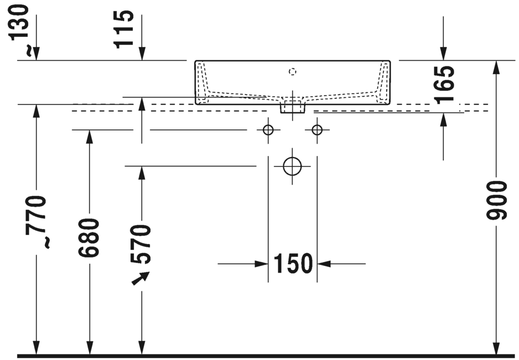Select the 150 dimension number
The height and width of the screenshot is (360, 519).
pyautogui.click(x=293, y=264)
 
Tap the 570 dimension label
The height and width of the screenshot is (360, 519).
pyautogui.click(x=142, y=244)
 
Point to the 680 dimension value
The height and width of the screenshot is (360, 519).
pyautogui.click(x=89, y=238)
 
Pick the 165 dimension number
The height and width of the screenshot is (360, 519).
pyautogui.click(x=444, y=84)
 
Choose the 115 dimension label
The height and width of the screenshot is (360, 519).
pyautogui.click(x=125, y=29)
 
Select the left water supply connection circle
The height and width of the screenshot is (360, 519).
pyautogui.click(x=268, y=131)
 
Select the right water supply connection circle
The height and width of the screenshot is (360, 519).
pyautogui.click(x=317, y=131)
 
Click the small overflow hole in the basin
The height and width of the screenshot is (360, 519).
pyautogui.click(x=293, y=71)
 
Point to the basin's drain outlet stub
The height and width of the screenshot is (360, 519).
pyautogui.click(x=292, y=107)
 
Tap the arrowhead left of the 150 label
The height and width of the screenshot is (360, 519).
pyautogui.click(x=262, y=264)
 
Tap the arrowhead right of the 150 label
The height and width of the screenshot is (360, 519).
pyautogui.click(x=324, y=264)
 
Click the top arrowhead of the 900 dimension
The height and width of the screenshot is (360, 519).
pyautogui.click(x=496, y=67)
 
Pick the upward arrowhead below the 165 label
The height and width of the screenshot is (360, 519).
pyautogui.click(x=443, y=119)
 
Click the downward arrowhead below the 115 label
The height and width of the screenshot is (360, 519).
pyautogui.click(x=142, y=54)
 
